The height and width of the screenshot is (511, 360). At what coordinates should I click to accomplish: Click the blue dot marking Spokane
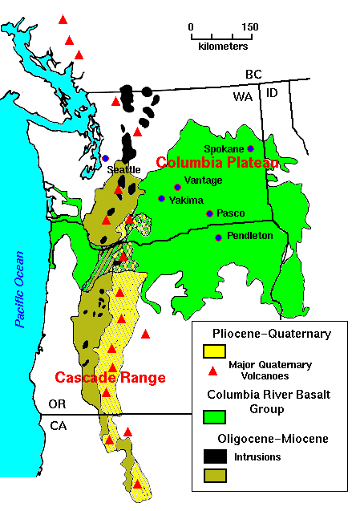click(250, 148)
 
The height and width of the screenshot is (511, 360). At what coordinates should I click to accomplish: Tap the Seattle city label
click(123, 169)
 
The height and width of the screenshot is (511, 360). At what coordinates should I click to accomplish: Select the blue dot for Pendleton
click(218, 237)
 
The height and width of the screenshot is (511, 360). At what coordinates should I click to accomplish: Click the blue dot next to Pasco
click(209, 213)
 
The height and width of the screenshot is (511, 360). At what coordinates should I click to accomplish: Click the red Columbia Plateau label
click(217, 163)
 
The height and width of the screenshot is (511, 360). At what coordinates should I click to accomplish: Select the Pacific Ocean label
click(20, 290)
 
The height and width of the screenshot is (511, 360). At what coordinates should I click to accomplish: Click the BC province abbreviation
click(253, 74)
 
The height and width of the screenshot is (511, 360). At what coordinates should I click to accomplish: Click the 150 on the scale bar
click(250, 26)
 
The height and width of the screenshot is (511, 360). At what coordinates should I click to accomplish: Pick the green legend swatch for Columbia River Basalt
click(214, 416)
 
